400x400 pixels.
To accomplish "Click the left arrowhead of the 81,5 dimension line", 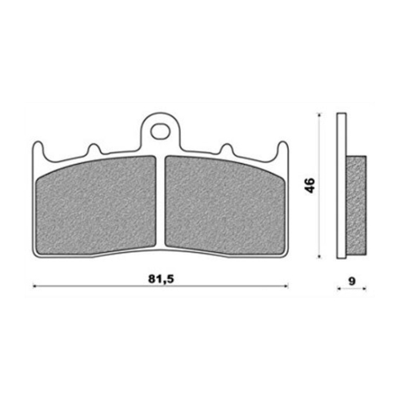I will [35, 286].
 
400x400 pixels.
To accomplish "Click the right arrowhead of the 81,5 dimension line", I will [286, 286].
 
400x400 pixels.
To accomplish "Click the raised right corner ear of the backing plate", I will [282, 150].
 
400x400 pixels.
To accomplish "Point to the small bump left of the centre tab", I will [94, 150].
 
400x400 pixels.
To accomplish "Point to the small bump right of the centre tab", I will [226, 150].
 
